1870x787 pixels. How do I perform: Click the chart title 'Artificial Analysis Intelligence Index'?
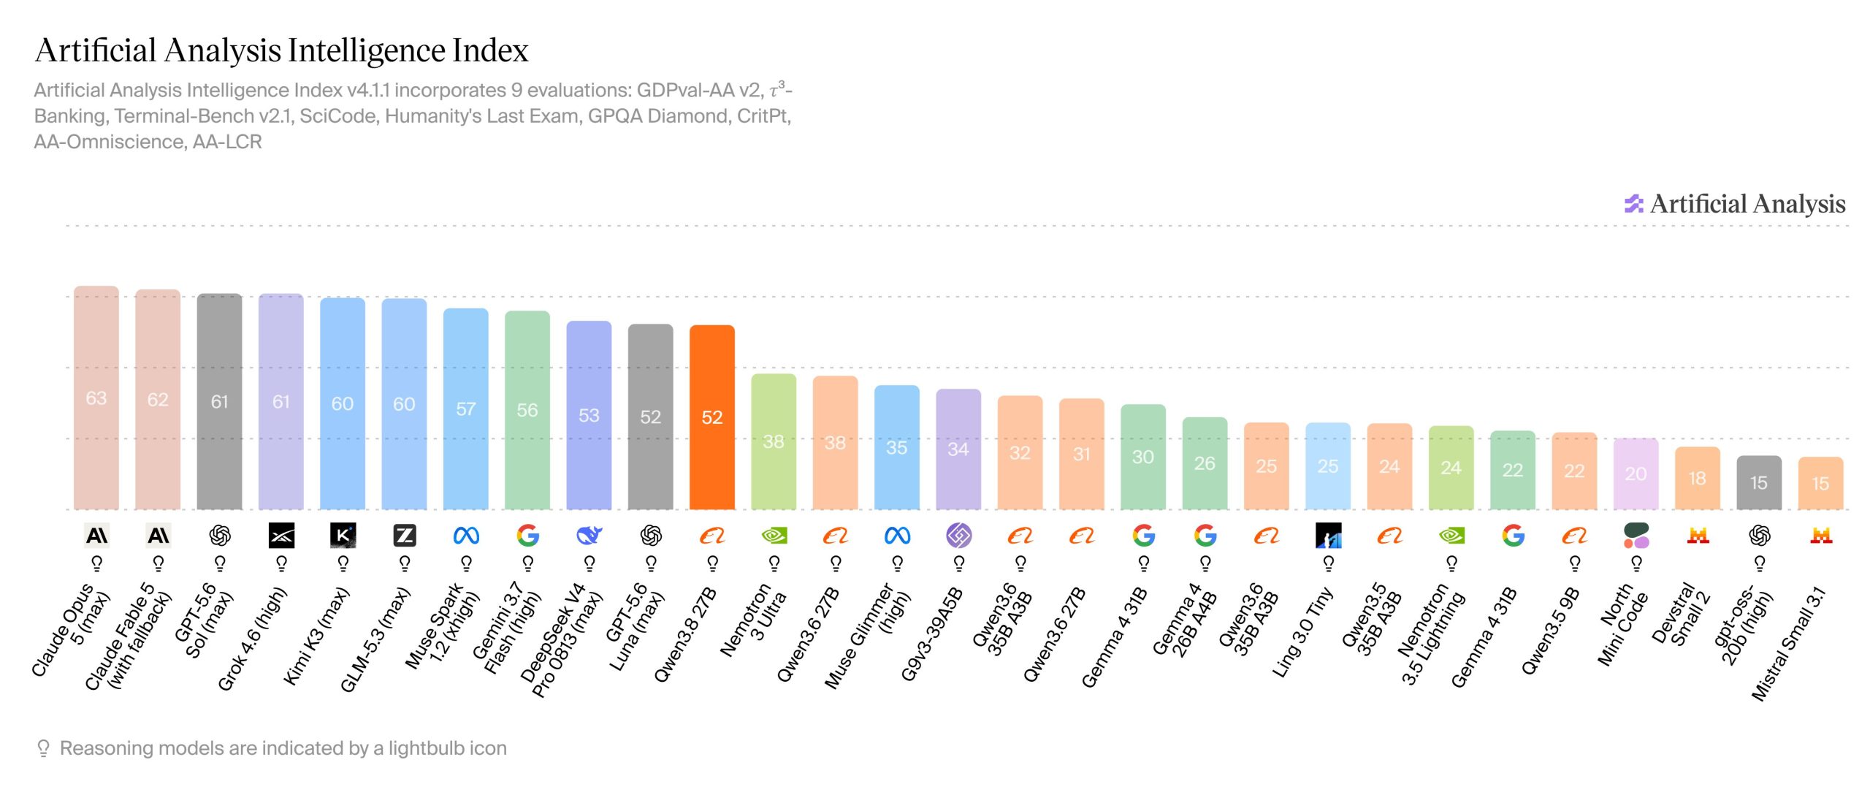click(x=281, y=50)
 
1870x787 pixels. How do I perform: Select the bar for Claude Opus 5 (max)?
click(x=96, y=398)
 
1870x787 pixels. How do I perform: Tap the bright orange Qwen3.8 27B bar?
click(x=712, y=417)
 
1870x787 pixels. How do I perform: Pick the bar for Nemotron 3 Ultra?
click(x=774, y=441)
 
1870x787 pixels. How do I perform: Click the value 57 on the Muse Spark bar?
click(x=466, y=409)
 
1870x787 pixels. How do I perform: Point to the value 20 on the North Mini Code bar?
click(x=1636, y=474)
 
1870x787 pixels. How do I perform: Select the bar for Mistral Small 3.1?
click(x=1820, y=483)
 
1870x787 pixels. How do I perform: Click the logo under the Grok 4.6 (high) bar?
click(x=281, y=536)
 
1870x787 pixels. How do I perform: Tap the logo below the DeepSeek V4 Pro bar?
click(x=589, y=536)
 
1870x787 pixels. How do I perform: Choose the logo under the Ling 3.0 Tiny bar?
click(x=1328, y=536)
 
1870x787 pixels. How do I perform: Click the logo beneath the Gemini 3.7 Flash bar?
click(x=527, y=536)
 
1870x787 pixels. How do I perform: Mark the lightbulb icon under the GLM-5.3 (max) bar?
click(x=405, y=563)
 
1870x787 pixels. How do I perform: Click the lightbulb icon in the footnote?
click(x=43, y=748)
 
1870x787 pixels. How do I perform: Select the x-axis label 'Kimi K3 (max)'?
click(x=316, y=636)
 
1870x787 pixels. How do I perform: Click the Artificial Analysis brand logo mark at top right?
click(x=1633, y=204)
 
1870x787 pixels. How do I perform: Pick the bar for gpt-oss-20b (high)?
click(x=1759, y=482)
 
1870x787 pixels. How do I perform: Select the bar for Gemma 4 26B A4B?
click(x=1205, y=463)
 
